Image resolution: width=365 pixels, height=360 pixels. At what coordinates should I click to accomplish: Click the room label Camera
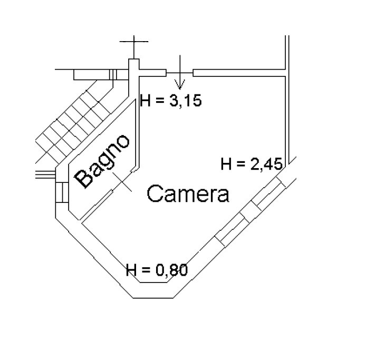pyautogui.click(x=188, y=193)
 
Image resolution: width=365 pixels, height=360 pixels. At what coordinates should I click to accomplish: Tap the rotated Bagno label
pyautogui.click(x=102, y=161)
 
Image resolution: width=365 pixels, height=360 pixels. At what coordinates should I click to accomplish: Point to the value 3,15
pyautogui.click(x=186, y=101)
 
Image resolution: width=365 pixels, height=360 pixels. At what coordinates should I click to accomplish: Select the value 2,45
pyautogui.click(x=266, y=164)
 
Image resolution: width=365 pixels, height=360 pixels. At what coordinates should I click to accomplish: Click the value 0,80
pyautogui.click(x=172, y=270)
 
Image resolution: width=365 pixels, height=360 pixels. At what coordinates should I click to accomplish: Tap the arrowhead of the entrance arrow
pyautogui.click(x=180, y=84)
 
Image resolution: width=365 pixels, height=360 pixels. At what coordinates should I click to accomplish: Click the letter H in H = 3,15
pyautogui.click(x=145, y=101)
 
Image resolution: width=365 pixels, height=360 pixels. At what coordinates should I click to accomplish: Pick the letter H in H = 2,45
pyautogui.click(x=226, y=164)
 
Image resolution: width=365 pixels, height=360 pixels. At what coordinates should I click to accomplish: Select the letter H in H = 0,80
pyautogui.click(x=131, y=270)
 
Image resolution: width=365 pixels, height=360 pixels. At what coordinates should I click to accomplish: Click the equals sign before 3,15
pyautogui.click(x=160, y=101)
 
